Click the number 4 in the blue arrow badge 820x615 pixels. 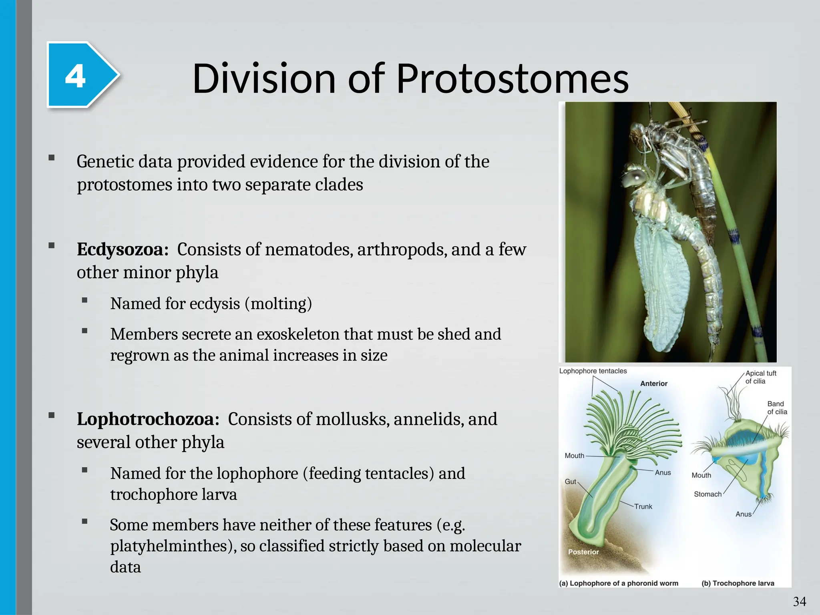[75, 76]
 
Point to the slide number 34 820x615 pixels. [799, 601]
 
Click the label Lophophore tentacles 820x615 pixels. [593, 371]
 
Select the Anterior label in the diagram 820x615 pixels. [653, 384]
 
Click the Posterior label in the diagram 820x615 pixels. [583, 552]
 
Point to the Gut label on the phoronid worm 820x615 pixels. [570, 482]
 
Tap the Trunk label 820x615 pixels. [643, 507]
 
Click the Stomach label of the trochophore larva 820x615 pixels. [707, 494]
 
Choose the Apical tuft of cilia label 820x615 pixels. [760, 377]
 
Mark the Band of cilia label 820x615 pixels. [777, 408]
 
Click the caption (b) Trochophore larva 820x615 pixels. [738, 583]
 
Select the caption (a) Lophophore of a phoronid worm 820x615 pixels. [619, 583]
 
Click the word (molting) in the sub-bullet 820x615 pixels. [278, 304]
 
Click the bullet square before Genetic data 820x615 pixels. [51, 158]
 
